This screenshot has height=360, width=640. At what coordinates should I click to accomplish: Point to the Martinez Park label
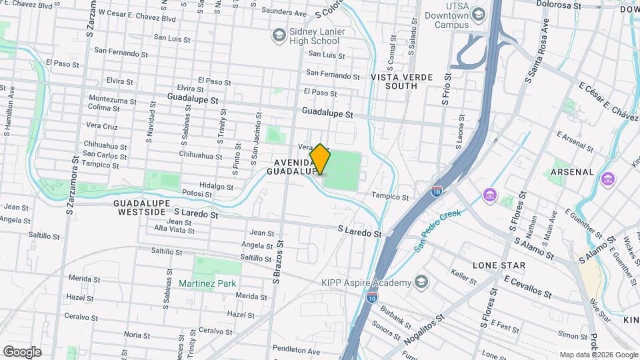pyautogui.click(x=207, y=283)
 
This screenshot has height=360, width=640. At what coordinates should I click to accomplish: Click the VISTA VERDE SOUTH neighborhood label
pyautogui.click(x=393, y=81)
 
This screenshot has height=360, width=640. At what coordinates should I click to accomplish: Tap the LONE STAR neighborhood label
pyautogui.click(x=499, y=265)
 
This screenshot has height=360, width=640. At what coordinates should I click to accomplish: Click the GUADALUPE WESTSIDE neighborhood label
pyautogui.click(x=141, y=207)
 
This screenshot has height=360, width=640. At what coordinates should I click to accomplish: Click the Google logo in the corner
pyautogui.click(x=22, y=351)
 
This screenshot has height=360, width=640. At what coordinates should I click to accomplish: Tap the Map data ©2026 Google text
pyautogui.click(x=598, y=355)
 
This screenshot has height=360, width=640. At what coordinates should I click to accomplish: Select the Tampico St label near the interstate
pyautogui.click(x=390, y=197)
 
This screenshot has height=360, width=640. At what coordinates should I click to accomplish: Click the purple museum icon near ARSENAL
pyautogui.click(x=607, y=179)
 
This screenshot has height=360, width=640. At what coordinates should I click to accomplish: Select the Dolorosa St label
pyautogui.click(x=562, y=6)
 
